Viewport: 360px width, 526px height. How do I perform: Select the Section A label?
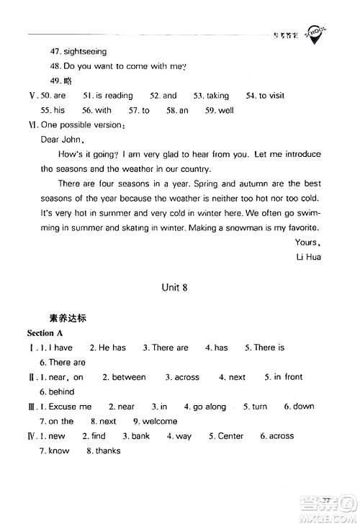point(45,333)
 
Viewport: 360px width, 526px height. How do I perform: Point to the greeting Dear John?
point(63,140)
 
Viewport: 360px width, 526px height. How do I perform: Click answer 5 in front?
point(289,377)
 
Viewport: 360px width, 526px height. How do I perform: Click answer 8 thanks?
point(107,451)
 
